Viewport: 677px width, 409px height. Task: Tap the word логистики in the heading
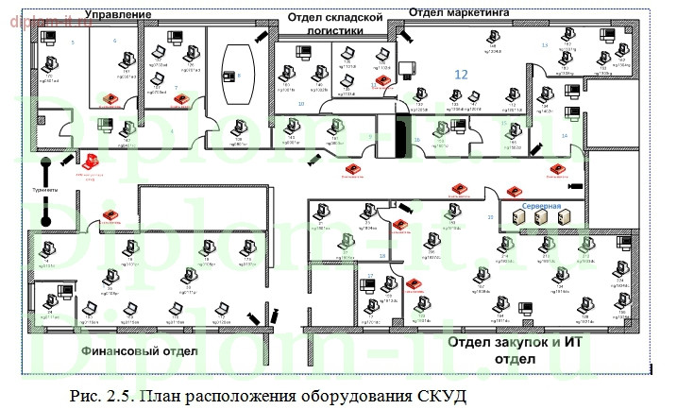coord(334,30)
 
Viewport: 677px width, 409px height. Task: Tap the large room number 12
coord(461,73)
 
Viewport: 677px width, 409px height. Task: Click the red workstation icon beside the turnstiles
coord(92,161)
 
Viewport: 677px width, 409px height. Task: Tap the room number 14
coord(565,136)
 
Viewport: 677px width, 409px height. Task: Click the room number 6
coord(114,42)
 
